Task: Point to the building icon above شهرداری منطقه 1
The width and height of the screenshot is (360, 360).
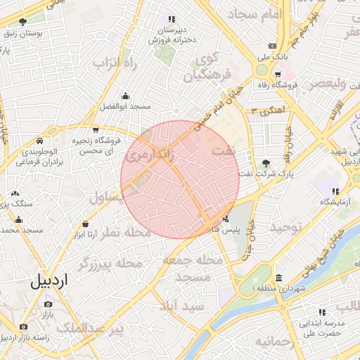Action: (x=280, y=278)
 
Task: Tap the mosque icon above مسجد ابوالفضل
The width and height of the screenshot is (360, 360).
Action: (x=126, y=96)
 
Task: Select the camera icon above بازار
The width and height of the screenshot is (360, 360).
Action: (x=49, y=304)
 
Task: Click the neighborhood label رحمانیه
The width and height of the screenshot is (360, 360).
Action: (x=273, y=342)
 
